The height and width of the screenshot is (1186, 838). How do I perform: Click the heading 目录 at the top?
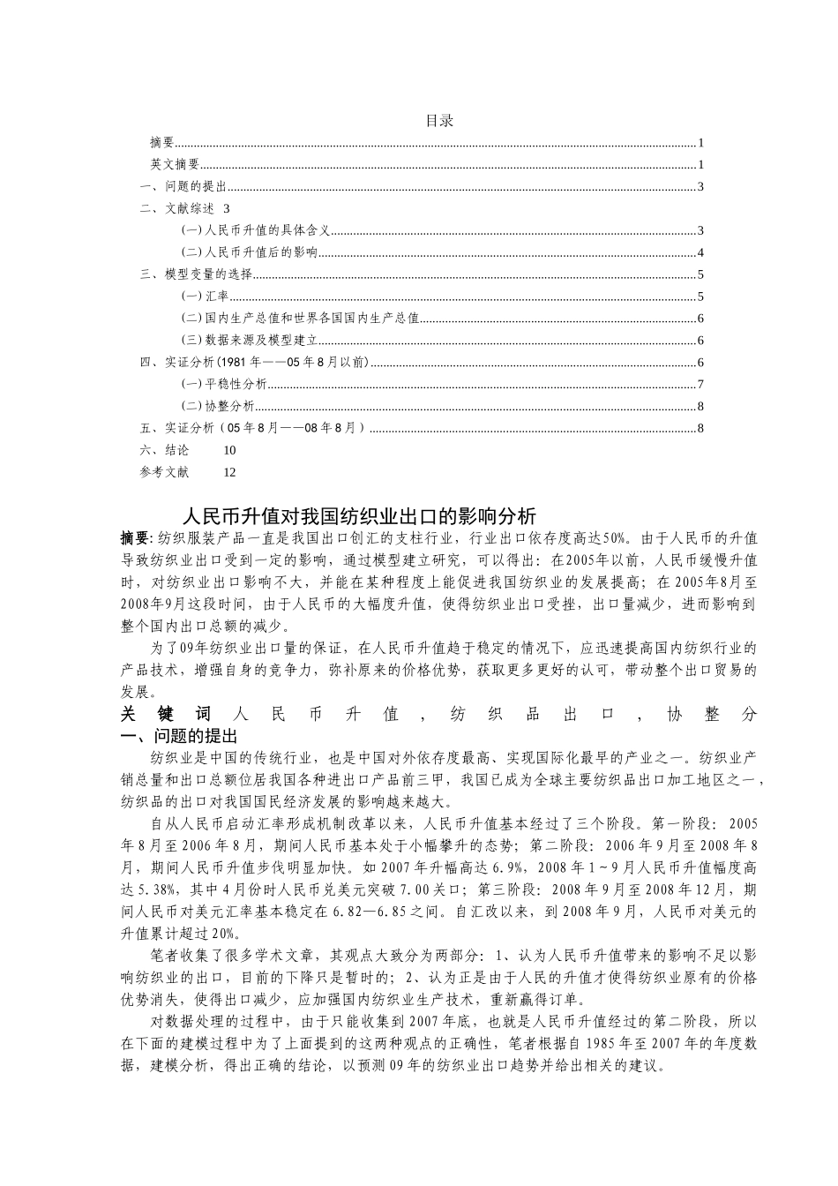[x=438, y=121]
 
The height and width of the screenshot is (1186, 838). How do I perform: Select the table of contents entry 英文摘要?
[x=175, y=164]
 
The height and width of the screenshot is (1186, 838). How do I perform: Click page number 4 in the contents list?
[x=700, y=252]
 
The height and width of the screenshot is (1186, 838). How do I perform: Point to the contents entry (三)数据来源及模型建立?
[x=249, y=341]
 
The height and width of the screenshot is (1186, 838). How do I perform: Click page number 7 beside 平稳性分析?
[x=700, y=384]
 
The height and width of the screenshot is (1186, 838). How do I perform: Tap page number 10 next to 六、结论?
[x=229, y=450]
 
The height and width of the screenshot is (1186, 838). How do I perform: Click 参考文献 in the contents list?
[x=164, y=472]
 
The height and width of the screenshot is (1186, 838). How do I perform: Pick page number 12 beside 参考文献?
[x=229, y=472]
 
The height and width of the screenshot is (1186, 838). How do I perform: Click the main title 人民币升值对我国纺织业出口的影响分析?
[x=358, y=515]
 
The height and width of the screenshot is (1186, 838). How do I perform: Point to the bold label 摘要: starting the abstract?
[x=138, y=537]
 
